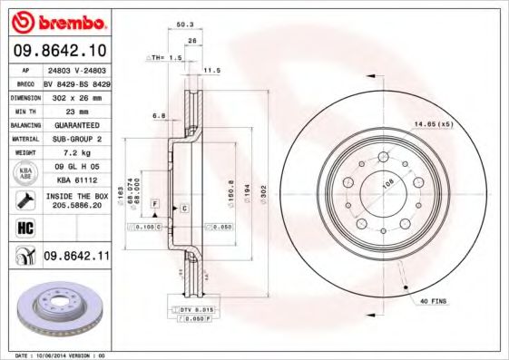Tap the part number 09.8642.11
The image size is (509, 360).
pyautogui.click(x=76, y=257)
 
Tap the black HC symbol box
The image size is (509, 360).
pyautogui.click(x=24, y=227)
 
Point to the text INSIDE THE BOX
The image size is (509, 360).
pyautogui.click(x=76, y=196)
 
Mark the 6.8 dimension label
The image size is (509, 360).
pyautogui.click(x=159, y=115)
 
